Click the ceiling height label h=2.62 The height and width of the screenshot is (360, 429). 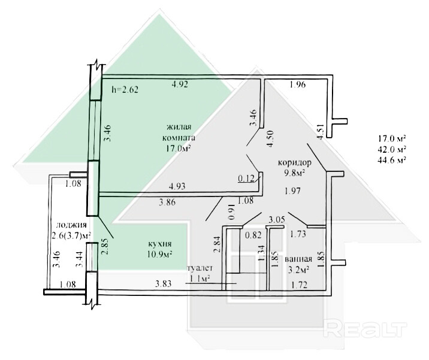[125, 90]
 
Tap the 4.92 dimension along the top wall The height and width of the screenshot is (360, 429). [180, 85]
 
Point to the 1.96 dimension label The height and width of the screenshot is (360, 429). [297, 85]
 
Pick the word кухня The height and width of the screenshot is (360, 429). [159, 244]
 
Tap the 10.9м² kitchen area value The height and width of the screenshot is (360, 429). [159, 255]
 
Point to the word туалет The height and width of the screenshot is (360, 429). [200, 268]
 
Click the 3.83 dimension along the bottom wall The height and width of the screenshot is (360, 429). [164, 284]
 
